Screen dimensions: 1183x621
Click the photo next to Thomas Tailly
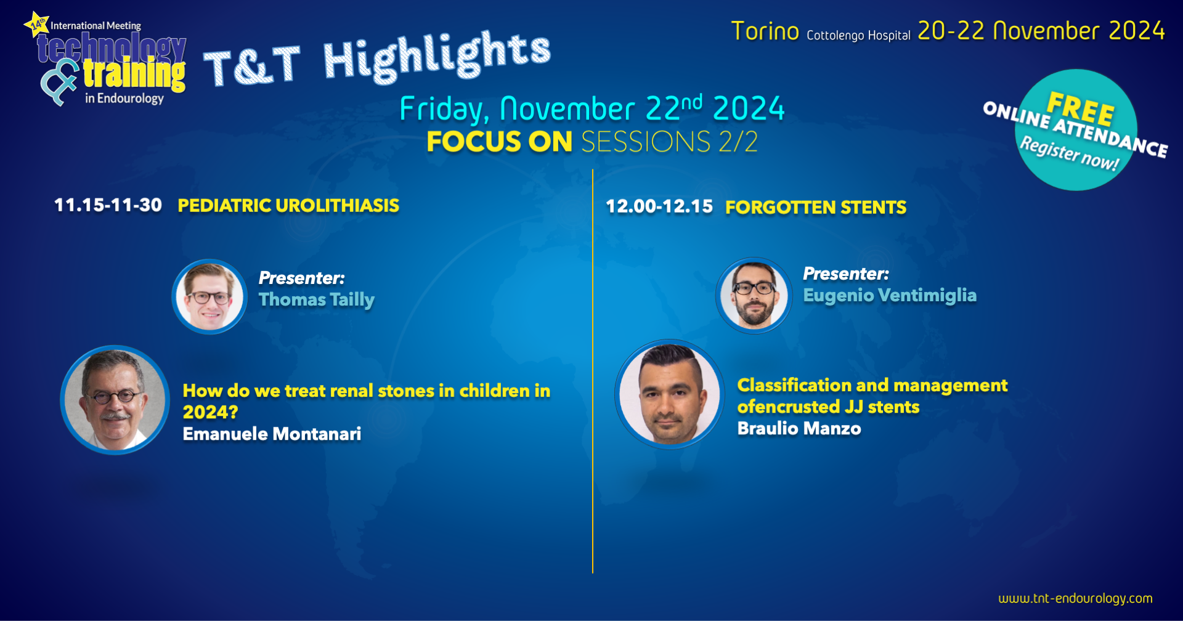pos(209,297)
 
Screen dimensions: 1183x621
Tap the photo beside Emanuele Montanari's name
pos(115,400)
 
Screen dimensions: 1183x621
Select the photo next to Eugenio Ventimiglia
pos(754,296)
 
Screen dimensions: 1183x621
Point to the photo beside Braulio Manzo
pos(670,394)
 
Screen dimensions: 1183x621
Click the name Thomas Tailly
pos(316,300)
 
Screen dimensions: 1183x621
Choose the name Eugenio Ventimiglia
pos(890,296)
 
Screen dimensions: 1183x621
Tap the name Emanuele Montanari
pos(272,434)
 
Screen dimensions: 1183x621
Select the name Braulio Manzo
pos(799,428)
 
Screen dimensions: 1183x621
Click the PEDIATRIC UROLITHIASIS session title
pos(288,206)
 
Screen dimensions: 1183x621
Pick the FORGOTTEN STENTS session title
pos(816,208)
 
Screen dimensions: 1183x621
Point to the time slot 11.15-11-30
pos(108,205)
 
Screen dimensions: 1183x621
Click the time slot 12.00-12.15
pos(659,206)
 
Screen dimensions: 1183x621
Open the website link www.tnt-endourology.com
pos(1075,598)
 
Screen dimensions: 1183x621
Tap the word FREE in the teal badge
pos(1081,108)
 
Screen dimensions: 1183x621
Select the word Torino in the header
pos(765,31)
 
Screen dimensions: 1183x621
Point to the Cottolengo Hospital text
pos(858,36)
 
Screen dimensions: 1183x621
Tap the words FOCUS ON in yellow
pos(500,142)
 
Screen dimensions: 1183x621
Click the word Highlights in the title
pos(437,56)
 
